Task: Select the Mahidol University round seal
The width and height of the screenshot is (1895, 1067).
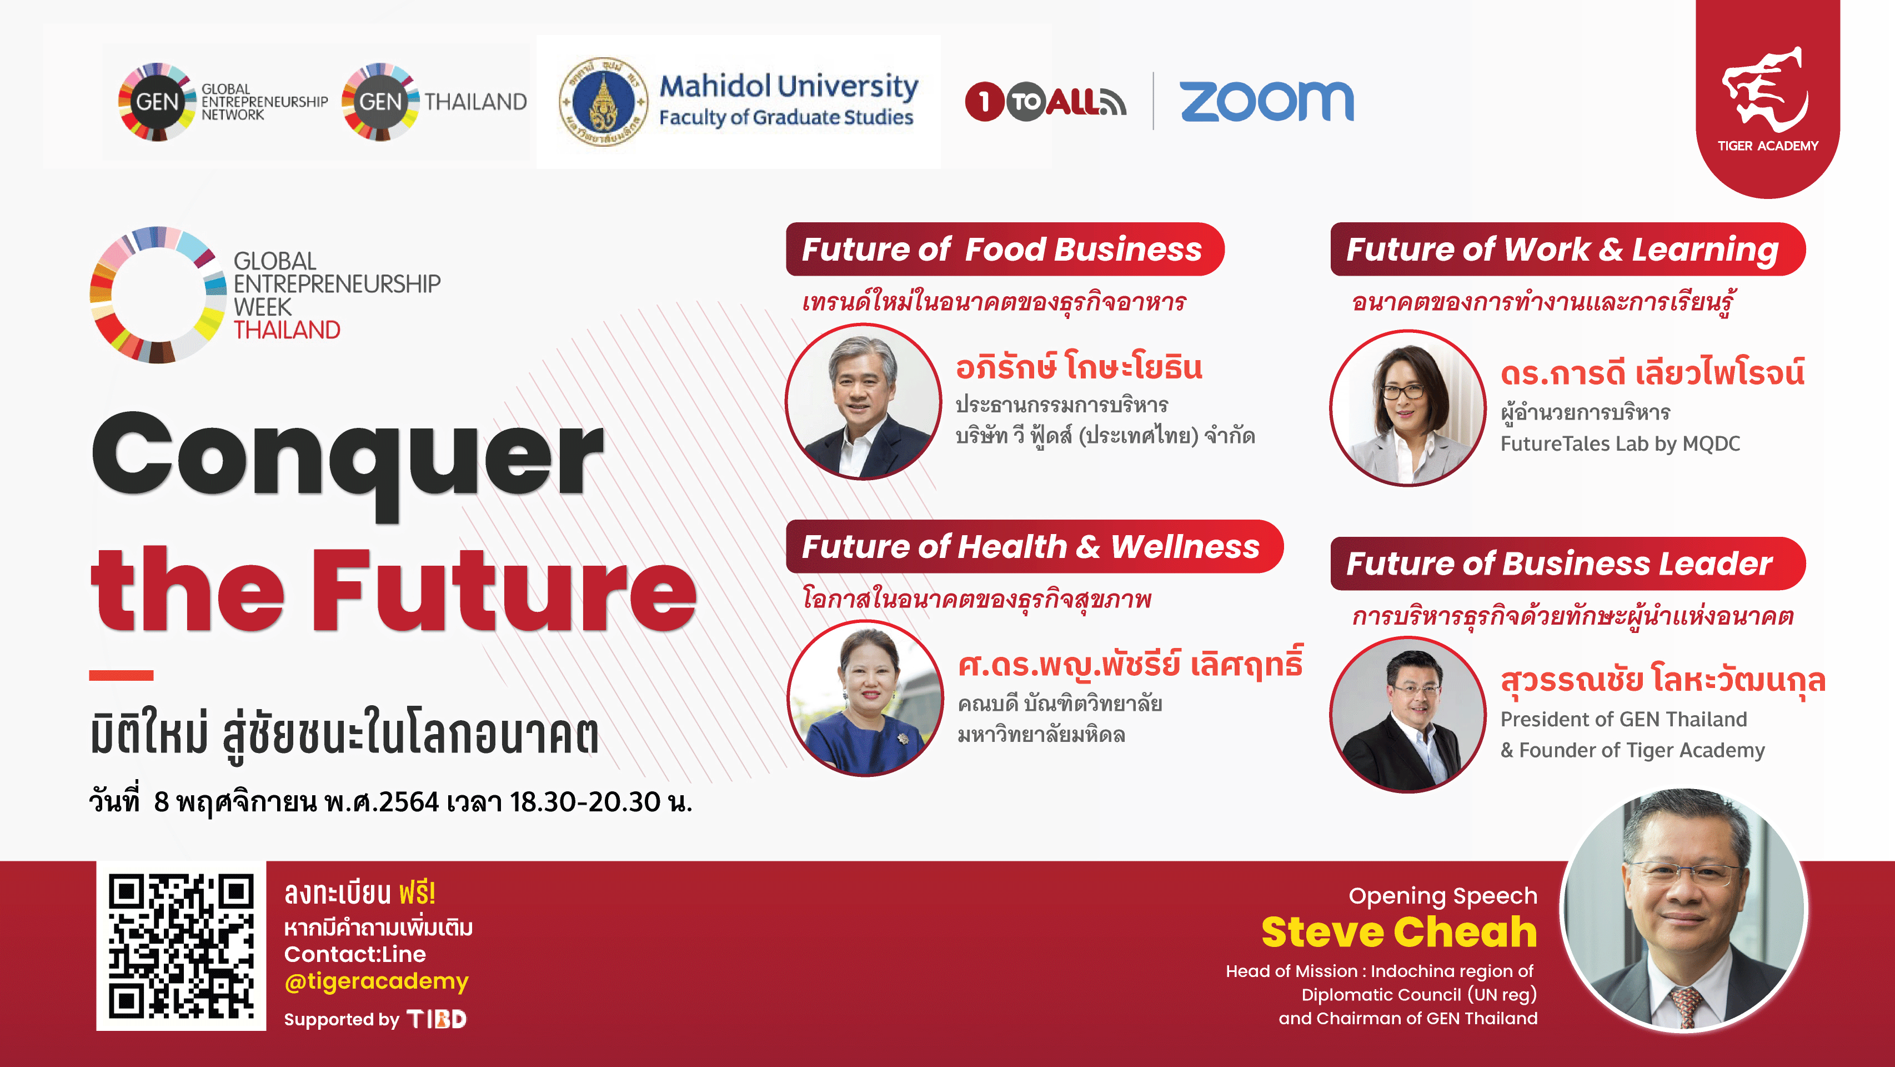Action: pyautogui.click(x=603, y=102)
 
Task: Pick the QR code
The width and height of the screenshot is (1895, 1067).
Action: pyautogui.click(x=181, y=946)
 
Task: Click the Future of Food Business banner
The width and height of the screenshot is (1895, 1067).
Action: pyautogui.click(x=1004, y=250)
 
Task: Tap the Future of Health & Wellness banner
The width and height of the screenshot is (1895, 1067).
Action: pyautogui.click(x=1034, y=547)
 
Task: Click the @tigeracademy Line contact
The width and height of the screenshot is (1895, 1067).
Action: pyautogui.click(x=376, y=981)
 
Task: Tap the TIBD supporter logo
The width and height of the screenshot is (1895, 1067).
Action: pyautogui.click(x=437, y=1019)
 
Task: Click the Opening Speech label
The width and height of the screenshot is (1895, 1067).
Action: pyautogui.click(x=1442, y=895)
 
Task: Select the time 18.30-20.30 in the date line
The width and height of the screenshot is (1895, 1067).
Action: pyautogui.click(x=585, y=801)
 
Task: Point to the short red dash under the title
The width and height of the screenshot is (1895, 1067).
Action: pyautogui.click(x=122, y=675)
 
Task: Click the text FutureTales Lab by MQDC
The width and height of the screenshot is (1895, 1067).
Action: pyautogui.click(x=1620, y=443)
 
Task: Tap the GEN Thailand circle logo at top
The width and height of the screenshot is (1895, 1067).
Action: pyautogui.click(x=380, y=102)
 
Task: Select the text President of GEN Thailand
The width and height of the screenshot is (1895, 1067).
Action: pyautogui.click(x=1623, y=719)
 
